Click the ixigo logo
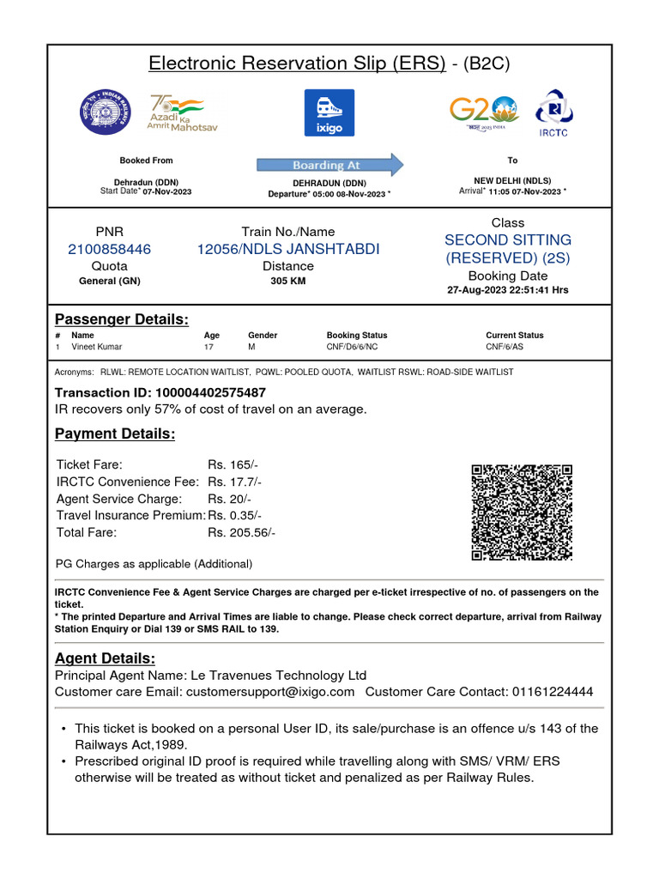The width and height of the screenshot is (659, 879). click(x=329, y=112)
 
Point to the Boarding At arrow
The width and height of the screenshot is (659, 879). click(x=330, y=165)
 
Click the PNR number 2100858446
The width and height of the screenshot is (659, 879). click(x=109, y=250)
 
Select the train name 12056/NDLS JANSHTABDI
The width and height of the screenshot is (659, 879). click(x=288, y=250)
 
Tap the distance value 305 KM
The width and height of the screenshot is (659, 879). click(x=288, y=282)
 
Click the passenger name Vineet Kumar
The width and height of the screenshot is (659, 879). click(x=96, y=347)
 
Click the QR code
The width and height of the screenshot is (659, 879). click(x=522, y=512)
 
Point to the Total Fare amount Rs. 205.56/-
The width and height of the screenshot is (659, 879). click(x=241, y=532)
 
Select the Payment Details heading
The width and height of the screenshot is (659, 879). click(x=115, y=434)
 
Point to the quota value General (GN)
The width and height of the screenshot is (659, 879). click(x=109, y=282)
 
